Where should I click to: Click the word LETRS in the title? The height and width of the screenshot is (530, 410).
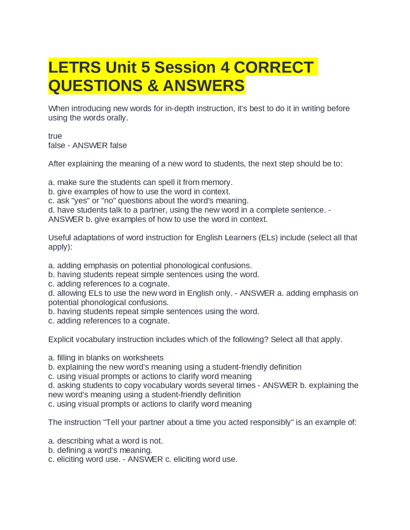(74, 68)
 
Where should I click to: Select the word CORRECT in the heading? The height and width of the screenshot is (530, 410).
(274, 68)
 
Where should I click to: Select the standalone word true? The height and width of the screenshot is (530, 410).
(55, 136)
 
